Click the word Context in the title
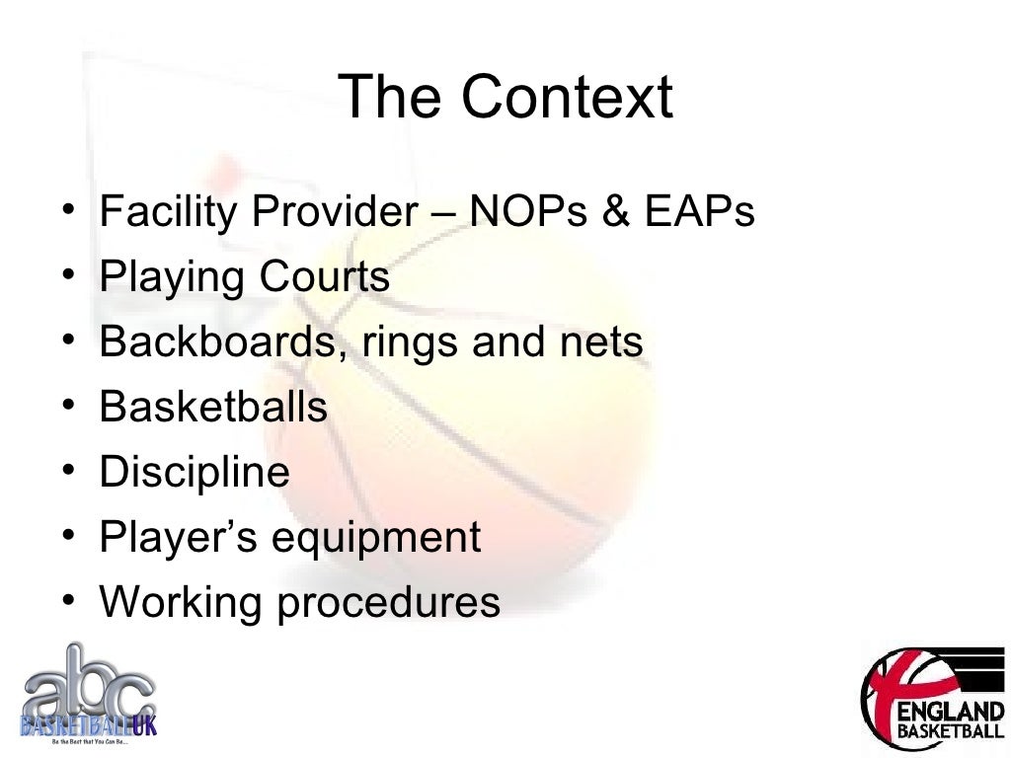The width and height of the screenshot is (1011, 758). pos(566,98)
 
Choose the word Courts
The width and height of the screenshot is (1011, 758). pos(325,277)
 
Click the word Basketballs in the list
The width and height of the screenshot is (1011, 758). pos(213,407)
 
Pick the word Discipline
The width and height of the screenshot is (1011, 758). pos(194,473)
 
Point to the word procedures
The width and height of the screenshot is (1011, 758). pos(388,603)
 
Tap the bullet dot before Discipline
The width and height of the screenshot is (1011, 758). pos(65,472)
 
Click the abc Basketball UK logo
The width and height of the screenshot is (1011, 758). pos(88,695)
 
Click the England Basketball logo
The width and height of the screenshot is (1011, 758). pos(932,698)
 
